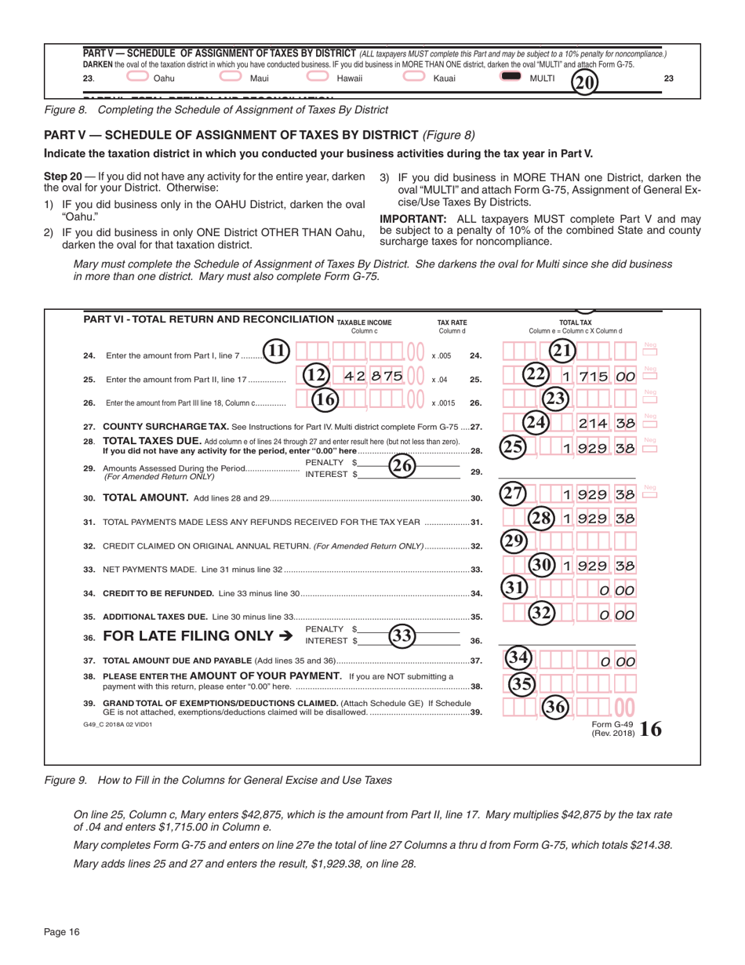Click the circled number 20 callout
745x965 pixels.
pyautogui.click(x=583, y=80)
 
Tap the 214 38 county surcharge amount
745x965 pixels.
pyautogui.click(x=605, y=424)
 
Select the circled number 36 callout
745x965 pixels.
pyautogui.click(x=557, y=707)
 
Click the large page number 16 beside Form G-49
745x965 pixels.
pyautogui.click(x=650, y=730)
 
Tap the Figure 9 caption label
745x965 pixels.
pyautogui.click(x=67, y=780)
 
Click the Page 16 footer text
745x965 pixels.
pyautogui.click(x=62, y=931)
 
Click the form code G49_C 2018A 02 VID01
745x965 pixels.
pyautogui.click(x=118, y=724)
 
